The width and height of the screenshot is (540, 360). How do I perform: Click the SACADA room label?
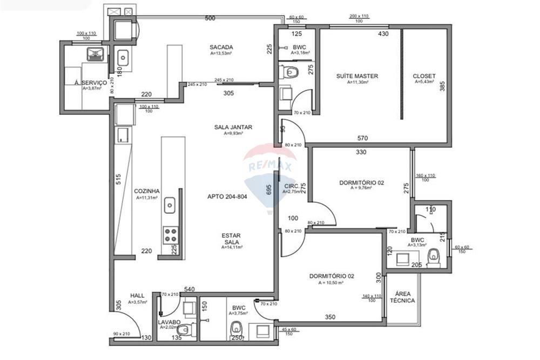point(221,47)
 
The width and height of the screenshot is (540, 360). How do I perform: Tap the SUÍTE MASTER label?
point(356,76)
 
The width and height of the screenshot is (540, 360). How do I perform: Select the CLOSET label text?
point(424,76)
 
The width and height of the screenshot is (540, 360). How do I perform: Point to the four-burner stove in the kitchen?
point(171,235)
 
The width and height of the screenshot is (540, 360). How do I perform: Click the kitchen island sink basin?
point(170,205)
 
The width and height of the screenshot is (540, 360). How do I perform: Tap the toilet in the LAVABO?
point(184,329)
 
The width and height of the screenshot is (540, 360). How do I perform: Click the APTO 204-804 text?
point(227,197)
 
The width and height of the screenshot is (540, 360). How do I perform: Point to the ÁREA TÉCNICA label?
point(401,297)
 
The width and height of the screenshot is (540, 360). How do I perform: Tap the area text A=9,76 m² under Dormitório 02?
point(361,189)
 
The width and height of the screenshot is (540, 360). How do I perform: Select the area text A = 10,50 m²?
point(332,283)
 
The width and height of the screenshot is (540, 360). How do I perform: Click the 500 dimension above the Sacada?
point(210,18)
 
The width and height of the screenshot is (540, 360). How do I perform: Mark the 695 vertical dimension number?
point(268,190)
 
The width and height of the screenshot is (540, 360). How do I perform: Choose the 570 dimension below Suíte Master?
point(363,138)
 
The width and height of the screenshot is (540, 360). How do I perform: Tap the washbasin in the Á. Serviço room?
point(96,53)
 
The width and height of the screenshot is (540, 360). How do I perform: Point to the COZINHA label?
point(146,191)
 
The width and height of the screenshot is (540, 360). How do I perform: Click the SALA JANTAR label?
point(233,127)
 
